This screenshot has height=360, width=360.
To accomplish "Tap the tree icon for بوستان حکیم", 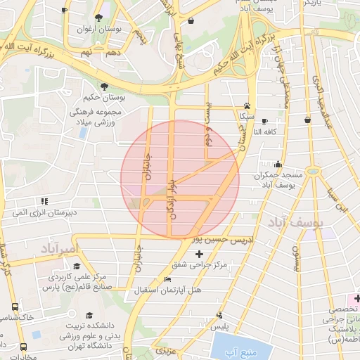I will tap(105, 86).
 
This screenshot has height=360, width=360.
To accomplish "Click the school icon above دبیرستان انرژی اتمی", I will tap(45, 200).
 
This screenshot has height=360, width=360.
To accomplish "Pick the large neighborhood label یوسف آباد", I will tap(294, 223).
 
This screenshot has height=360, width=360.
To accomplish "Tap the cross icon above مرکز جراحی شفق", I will tap(199, 253).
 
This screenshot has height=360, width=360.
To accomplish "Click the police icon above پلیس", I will tap(220, 315).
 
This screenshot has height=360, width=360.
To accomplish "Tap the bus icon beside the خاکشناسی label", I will tap(15, 307).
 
